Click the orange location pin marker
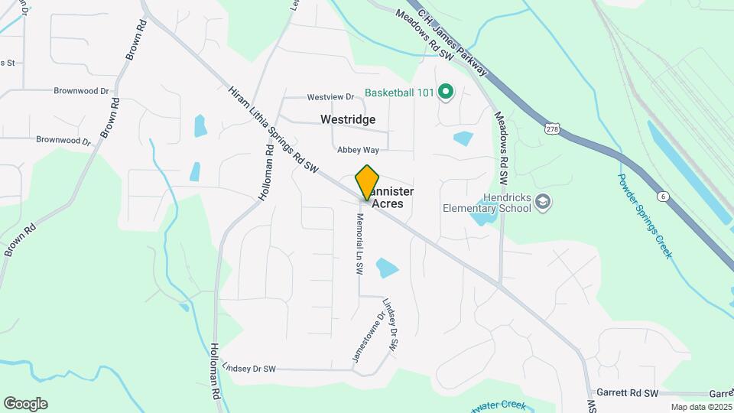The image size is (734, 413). coord(368,182)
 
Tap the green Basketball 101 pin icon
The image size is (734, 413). coord(446,93)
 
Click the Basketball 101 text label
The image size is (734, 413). coord(399,93)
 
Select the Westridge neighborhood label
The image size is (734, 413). coord(348,120)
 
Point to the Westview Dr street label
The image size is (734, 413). coord(330,97)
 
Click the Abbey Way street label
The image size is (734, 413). coord(359,150)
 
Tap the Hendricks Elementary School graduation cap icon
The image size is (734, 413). coord(543,201)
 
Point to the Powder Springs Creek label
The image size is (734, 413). coord(645,215)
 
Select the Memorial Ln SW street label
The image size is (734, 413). coord(358,244)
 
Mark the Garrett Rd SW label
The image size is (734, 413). coord(628,393)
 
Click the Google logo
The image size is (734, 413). coord(25,404)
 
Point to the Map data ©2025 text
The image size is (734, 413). coord(700,407)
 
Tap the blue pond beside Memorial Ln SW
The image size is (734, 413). coord(387,268)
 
